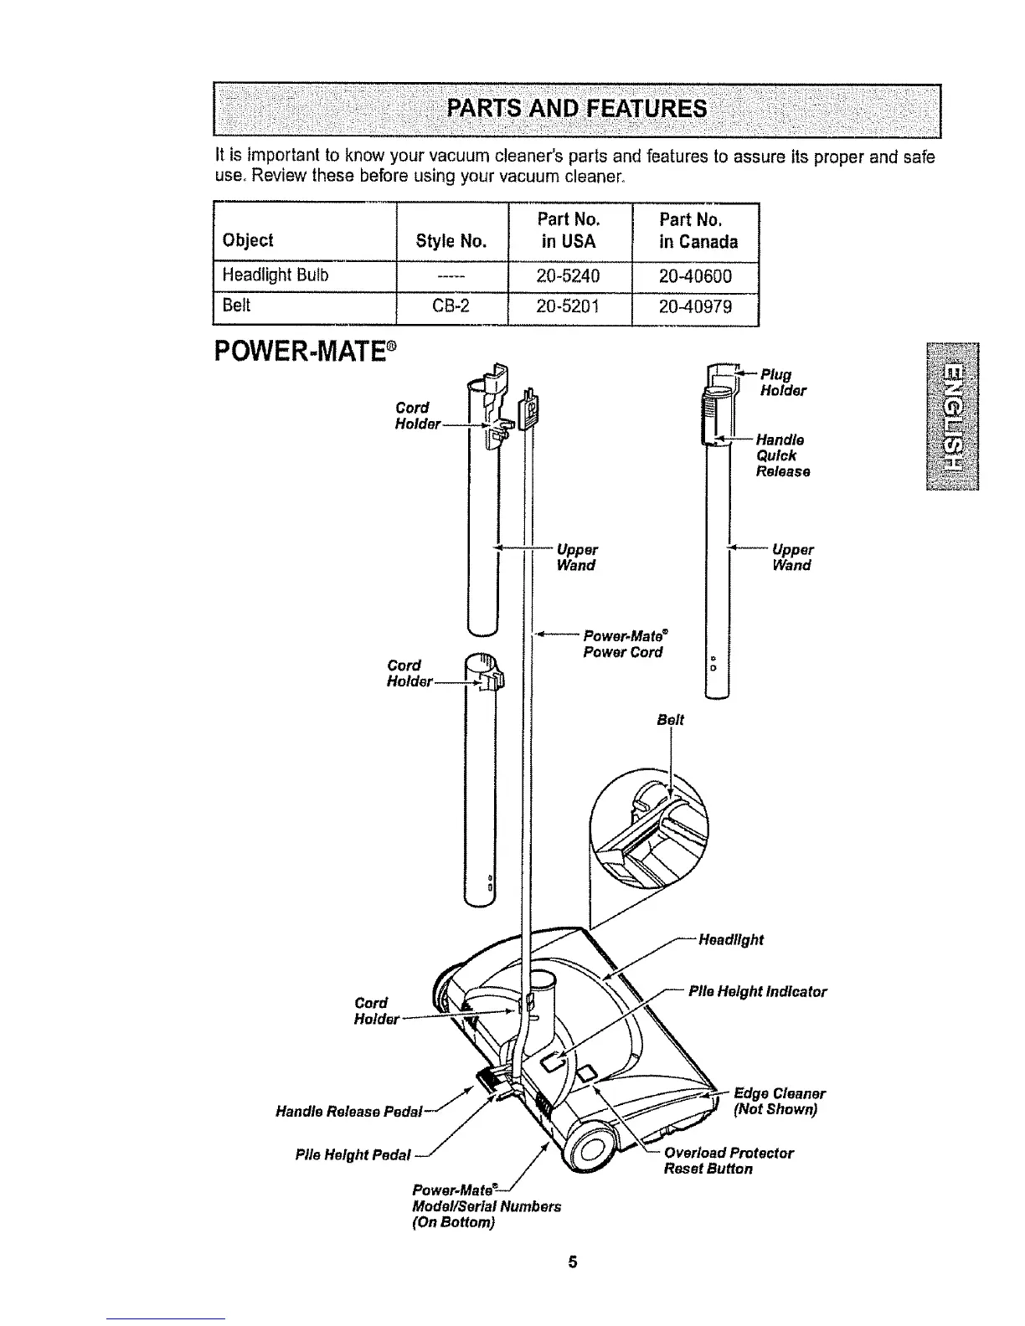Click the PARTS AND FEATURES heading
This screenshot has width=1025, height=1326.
pyautogui.click(x=577, y=110)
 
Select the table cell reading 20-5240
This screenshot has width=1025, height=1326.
pyautogui.click(x=569, y=275)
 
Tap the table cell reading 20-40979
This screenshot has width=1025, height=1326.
pyautogui.click(x=695, y=307)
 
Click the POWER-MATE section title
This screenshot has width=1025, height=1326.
pyautogui.click(x=305, y=348)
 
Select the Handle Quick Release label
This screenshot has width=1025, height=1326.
pyautogui.click(x=782, y=455)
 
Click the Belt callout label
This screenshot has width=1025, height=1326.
pyautogui.click(x=670, y=719)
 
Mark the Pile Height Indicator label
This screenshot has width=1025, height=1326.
pyautogui.click(x=757, y=992)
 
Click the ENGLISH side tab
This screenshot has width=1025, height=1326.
pyautogui.click(x=952, y=416)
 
